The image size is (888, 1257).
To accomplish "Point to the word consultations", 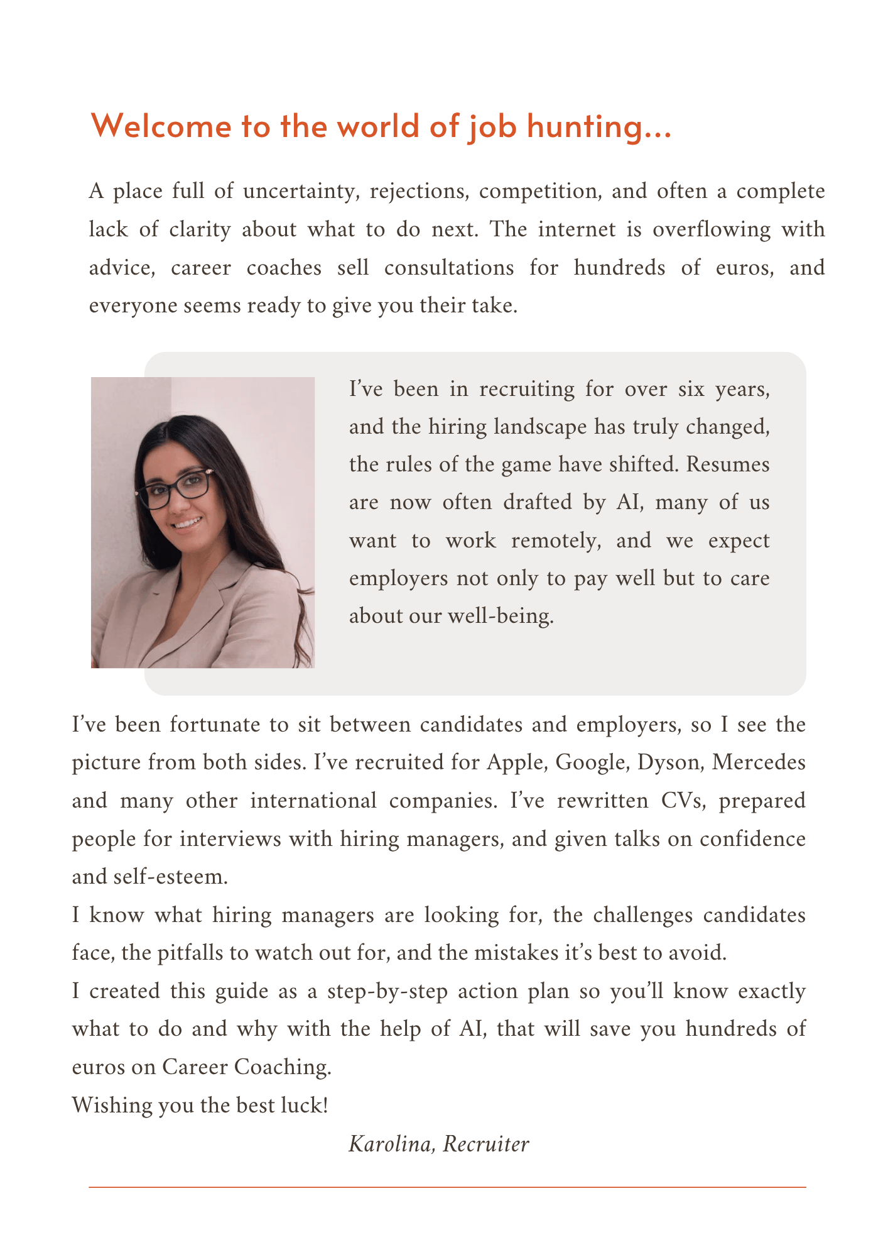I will pos(449,268).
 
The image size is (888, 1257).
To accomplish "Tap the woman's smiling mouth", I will pos(188,522).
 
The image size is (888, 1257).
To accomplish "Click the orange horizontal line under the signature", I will pos(447,1187).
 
